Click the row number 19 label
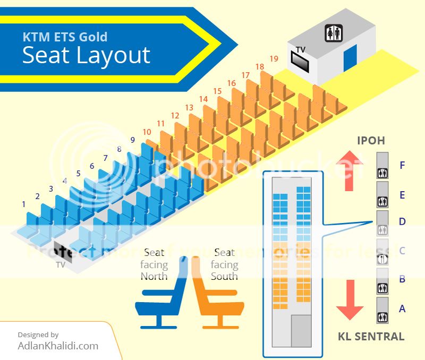coord(274,58)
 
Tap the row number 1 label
coord(24,204)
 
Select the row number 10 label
coord(147,132)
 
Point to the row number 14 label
coord(203,99)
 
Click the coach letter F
coord(403,165)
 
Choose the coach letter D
coord(402,221)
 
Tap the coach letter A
coord(402,308)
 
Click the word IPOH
coord(371,141)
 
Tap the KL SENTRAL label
coord(371,336)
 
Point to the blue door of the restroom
coord(350,58)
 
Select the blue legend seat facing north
coord(160,297)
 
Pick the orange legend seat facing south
coord(215,297)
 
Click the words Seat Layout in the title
coord(86,55)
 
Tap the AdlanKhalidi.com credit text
coord(57,346)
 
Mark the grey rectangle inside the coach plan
coord(301,331)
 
